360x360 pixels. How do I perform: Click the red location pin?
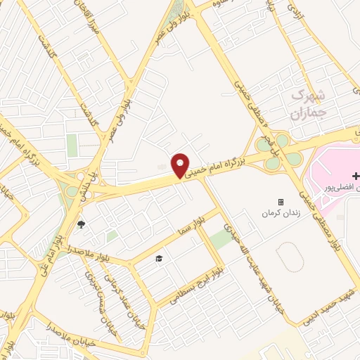pos(181,165)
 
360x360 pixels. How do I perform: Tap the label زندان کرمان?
pos(281,212)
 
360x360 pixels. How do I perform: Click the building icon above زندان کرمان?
pos(281,202)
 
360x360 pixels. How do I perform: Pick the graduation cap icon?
pos(159,258)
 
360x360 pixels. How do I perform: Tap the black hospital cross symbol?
pos(356,175)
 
